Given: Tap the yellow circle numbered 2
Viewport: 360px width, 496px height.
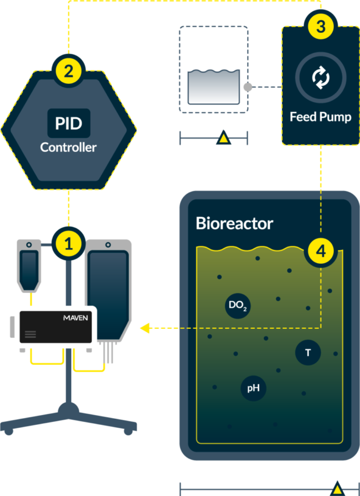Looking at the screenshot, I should point(69,71).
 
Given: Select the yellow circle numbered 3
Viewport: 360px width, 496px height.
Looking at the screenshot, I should point(321,26).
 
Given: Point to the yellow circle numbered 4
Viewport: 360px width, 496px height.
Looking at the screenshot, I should point(321,251).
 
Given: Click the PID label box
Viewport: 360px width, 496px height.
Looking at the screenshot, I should point(68,123).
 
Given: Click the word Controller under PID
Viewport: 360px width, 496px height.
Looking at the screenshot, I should point(68,148).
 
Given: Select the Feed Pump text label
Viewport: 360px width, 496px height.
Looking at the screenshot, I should point(320,117).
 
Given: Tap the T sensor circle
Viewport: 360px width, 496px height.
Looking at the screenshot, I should point(308,353).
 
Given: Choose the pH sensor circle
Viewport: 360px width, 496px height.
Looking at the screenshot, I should point(253,388).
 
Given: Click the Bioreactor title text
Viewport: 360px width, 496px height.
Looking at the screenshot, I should point(234,223).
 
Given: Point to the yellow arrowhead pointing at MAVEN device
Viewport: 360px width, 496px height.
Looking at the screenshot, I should point(145,329).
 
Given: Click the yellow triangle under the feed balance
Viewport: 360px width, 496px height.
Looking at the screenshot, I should point(224,139).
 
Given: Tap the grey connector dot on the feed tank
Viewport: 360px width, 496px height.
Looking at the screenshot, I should point(248,87).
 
